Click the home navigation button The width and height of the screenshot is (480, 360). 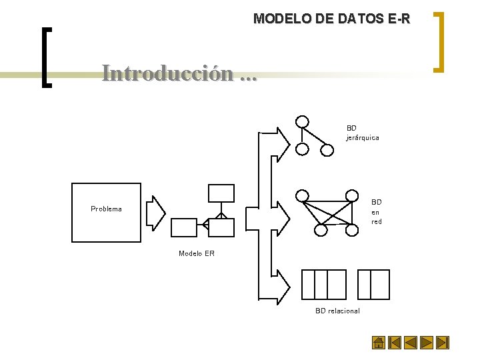tap(378, 343)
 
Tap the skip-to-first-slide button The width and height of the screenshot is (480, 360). tap(395, 343)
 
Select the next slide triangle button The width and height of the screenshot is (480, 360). tap(427, 343)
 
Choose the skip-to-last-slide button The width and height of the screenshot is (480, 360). tap(443, 343)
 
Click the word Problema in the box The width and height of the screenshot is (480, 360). tap(106, 209)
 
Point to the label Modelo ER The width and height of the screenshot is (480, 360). tap(197, 253)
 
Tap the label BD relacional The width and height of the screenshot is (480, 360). tap(337, 311)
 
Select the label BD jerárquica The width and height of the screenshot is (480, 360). tap(362, 133)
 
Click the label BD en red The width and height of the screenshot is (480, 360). tap(377, 211)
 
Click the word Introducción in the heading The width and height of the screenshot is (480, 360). tap(169, 73)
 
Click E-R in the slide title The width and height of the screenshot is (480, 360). tap(398, 19)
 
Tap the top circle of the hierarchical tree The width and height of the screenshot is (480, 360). tap(303, 121)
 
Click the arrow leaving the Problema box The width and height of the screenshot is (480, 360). tap(155, 213)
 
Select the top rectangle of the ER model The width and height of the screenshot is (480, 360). tap(221, 193)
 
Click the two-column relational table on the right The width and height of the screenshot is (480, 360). tap(373, 285)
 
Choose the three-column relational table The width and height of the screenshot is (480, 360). tap(324, 285)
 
